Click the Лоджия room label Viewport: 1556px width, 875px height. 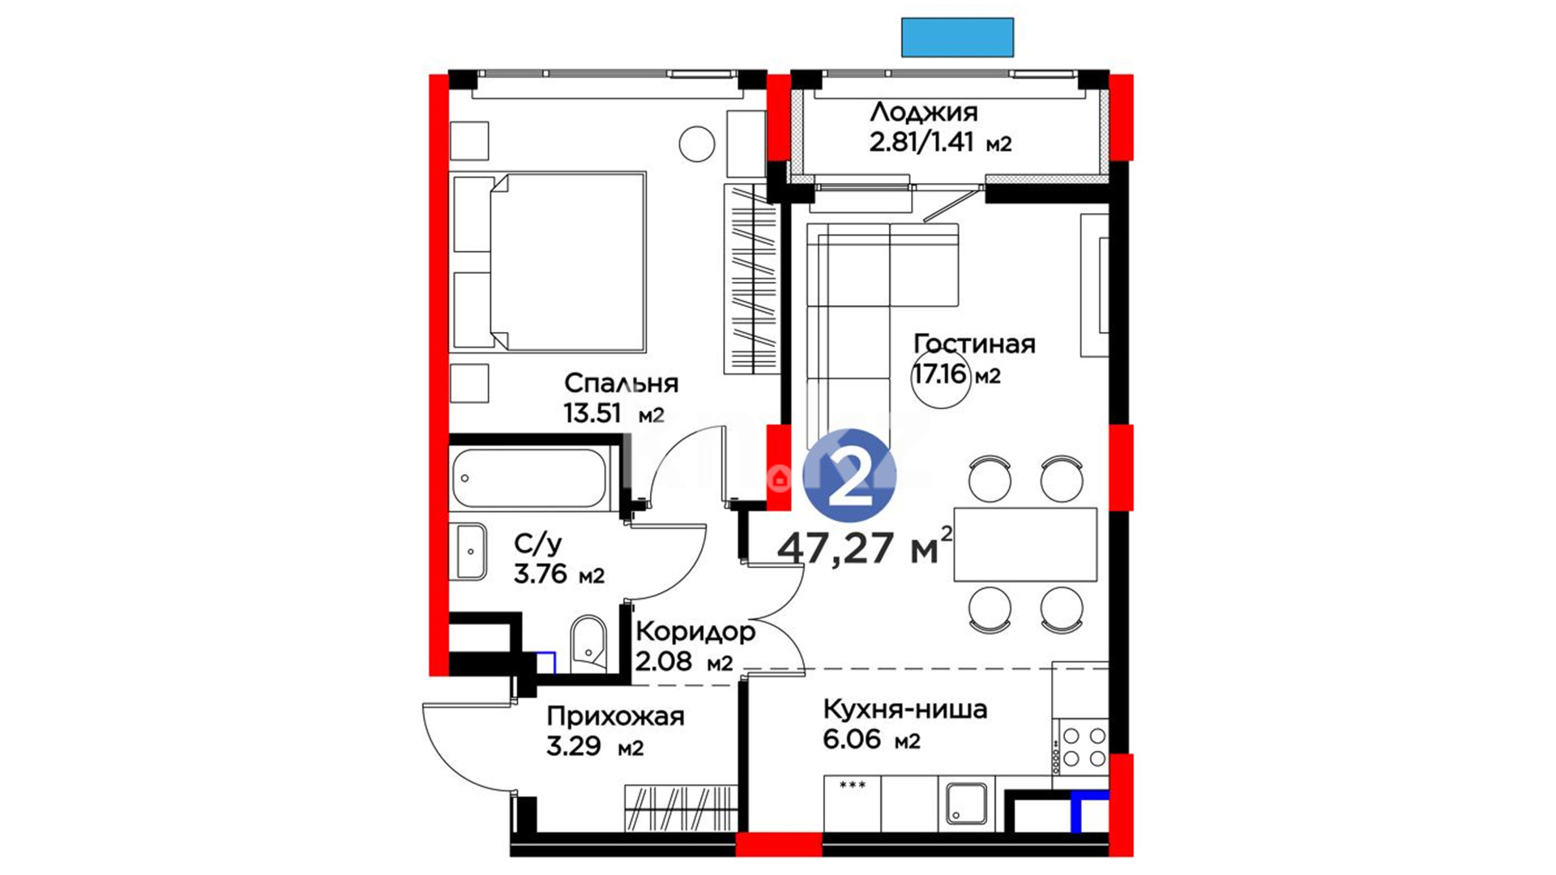(923, 112)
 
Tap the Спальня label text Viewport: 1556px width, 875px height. (621, 382)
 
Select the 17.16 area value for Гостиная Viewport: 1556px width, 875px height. (940, 374)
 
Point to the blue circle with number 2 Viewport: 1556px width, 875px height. (849, 476)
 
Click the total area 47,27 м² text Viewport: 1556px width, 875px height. (865, 547)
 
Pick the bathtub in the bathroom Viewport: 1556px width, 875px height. (528, 478)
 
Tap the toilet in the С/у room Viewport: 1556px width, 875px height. (588, 645)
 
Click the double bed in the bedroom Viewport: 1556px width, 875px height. (549, 262)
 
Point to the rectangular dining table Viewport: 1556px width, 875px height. (1025, 544)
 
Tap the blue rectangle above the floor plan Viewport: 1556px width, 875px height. (957, 37)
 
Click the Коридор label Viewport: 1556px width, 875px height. (695, 631)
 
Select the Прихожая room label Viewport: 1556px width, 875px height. (615, 716)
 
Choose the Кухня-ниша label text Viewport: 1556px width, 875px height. (905, 709)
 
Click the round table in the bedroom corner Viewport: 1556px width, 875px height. (697, 144)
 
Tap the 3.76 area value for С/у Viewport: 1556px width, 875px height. (541, 574)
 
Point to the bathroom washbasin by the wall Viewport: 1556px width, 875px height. (471, 551)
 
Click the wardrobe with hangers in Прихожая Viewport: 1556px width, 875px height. (681, 808)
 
